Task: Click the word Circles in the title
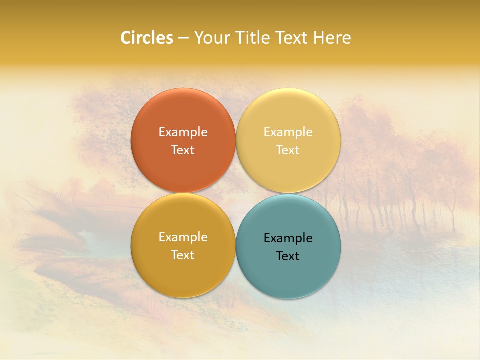pos(147,38)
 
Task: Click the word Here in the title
pos(332,38)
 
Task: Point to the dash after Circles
pos(183,38)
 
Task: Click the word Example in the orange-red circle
pos(183,132)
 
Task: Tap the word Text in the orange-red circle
pos(183,150)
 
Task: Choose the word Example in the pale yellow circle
pos(288,132)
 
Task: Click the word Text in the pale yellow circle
pos(288,150)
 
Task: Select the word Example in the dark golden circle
pos(183,237)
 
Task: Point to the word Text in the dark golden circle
pos(183,255)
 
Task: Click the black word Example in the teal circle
pos(288,238)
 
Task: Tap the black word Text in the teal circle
pos(288,256)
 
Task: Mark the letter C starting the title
pos(125,38)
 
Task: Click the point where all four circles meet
pos(236,193)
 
